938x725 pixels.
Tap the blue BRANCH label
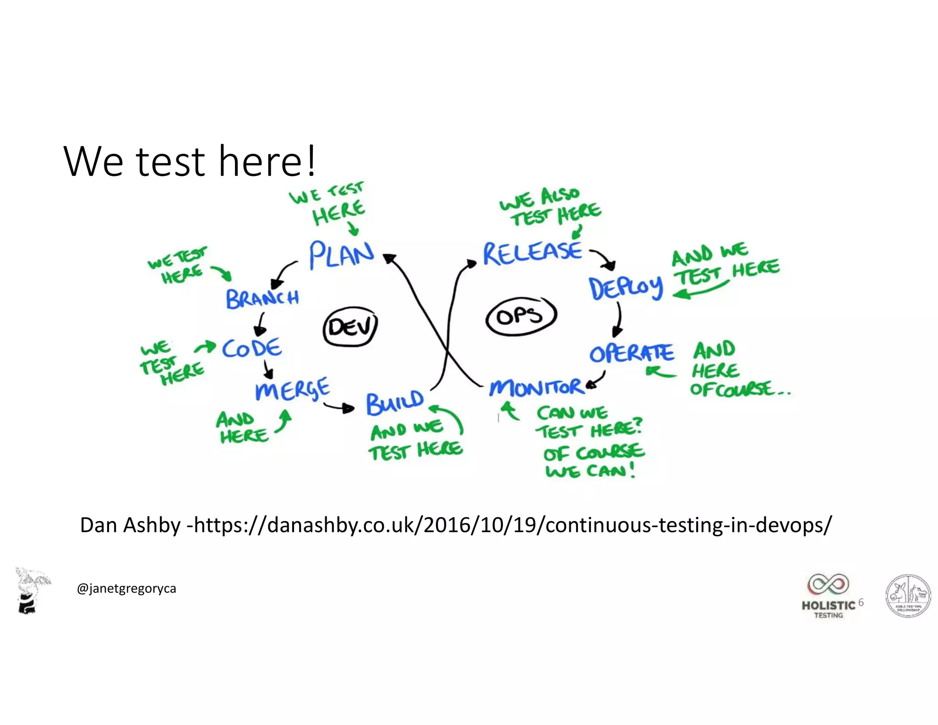coord(262,298)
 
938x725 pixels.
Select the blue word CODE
coord(252,348)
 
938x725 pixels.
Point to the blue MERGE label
coord(292,390)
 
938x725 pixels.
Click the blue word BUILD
coord(395,402)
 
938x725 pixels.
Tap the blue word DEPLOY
coord(626,288)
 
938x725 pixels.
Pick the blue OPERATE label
coord(632,353)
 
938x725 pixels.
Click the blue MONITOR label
coord(536,387)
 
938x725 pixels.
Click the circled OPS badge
coord(520,316)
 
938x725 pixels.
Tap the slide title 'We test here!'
coord(190,161)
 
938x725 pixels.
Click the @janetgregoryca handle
coord(126,588)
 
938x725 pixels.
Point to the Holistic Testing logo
coord(828,595)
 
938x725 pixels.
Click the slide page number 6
coord(861,602)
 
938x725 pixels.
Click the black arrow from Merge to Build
coord(339,407)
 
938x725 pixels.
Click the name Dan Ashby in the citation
coord(130,525)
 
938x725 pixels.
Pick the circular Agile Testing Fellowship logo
coord(908,595)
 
